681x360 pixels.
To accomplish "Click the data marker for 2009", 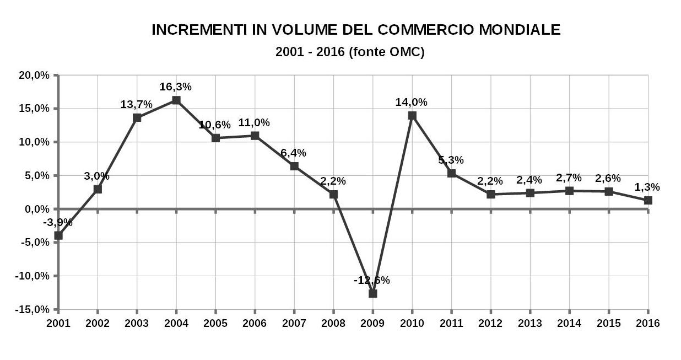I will click(372, 293).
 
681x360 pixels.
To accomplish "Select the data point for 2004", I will click(176, 100).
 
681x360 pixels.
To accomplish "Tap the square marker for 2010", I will click(412, 116).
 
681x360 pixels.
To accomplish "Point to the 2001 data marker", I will click(58, 235).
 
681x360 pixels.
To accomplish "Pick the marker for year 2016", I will click(648, 201).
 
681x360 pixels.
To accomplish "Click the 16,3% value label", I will click(176, 87).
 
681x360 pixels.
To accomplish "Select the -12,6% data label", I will click(372, 280).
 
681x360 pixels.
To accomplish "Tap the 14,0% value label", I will click(412, 102).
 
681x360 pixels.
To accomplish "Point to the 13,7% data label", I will click(137, 104).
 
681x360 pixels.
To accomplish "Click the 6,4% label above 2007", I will click(294, 153).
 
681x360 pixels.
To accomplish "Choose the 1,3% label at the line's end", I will click(647, 187).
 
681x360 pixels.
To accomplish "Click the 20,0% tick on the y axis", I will click(34, 75).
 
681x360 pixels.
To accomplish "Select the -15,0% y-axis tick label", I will click(33, 309).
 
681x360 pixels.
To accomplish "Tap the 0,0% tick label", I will click(36, 209).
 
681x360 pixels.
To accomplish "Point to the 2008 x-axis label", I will click(333, 323).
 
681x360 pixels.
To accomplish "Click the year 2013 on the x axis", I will click(530, 323).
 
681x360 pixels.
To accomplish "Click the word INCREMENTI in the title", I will click(192, 30).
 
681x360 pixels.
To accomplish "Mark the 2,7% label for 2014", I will click(569, 178).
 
